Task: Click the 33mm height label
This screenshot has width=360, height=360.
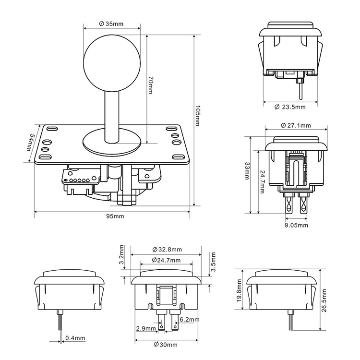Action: (247, 171)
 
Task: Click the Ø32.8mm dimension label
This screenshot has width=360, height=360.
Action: (167, 249)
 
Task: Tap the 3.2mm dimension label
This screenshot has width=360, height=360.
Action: (121, 255)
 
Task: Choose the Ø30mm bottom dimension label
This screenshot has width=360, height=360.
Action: (167, 345)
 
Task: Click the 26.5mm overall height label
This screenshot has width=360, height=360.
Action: (325, 301)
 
